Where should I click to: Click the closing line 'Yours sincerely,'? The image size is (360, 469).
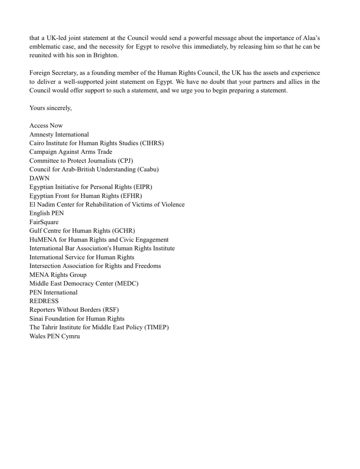50,108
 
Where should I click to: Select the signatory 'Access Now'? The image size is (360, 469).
46,126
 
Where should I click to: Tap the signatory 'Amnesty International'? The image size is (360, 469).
59,135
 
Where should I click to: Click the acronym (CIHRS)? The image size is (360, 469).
152,143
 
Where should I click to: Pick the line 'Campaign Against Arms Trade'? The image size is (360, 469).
71,152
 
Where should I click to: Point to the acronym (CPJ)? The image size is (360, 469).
126,161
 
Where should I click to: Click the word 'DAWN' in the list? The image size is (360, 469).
39,178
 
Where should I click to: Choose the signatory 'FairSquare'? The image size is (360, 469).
44,222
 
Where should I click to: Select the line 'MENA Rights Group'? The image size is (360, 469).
58,275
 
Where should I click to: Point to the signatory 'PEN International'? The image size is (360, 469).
53,293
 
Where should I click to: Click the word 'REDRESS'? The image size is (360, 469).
44,301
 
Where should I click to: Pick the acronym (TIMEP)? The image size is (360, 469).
157,327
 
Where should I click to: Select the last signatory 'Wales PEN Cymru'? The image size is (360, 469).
55,336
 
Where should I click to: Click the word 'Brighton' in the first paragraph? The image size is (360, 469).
105,55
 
